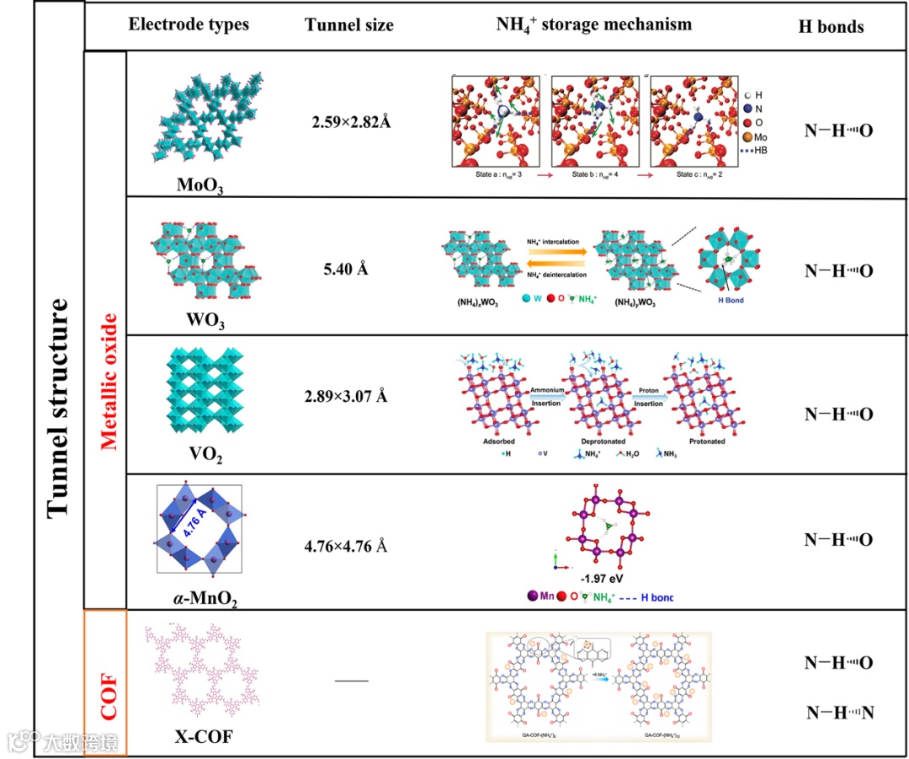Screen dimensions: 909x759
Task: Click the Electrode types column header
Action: pos(189,24)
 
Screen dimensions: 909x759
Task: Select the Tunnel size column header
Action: pos(348,25)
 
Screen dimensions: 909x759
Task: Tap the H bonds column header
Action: pos(831,26)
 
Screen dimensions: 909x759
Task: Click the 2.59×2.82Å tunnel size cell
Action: pos(352,121)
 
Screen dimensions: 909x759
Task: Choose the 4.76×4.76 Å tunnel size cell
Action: pos(346,546)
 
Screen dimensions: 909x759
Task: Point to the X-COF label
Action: pos(204,738)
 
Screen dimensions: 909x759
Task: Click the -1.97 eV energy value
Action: pos(602,579)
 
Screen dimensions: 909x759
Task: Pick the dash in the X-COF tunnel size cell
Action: pos(351,680)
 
